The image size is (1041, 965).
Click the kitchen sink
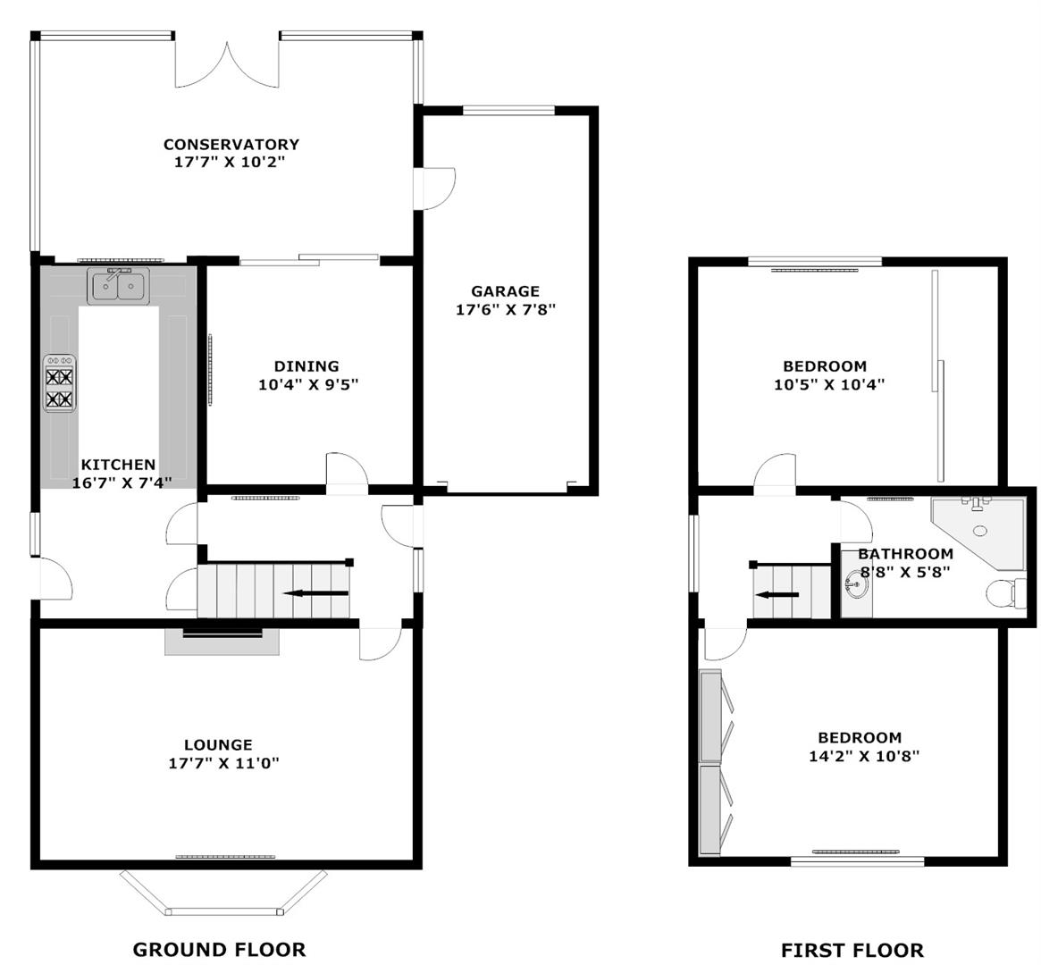(118, 286)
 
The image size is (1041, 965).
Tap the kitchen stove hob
(60, 383)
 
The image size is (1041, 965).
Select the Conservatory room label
(231, 144)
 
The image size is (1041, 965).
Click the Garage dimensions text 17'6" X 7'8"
(505, 309)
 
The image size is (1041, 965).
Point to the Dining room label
(306, 365)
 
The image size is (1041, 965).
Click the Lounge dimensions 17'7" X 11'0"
(223, 763)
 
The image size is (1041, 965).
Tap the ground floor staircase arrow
(316, 593)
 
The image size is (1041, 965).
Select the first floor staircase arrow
(777, 595)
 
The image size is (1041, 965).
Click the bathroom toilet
(1005, 592)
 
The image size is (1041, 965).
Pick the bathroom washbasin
(857, 585)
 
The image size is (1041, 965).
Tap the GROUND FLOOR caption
(219, 950)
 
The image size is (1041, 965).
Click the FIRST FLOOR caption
(852, 951)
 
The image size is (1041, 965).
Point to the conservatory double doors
(227, 63)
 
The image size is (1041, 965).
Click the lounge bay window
(223, 893)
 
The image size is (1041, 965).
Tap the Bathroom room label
(905, 553)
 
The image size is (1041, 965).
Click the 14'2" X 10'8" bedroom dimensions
(864, 756)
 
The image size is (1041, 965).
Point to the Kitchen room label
(118, 465)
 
